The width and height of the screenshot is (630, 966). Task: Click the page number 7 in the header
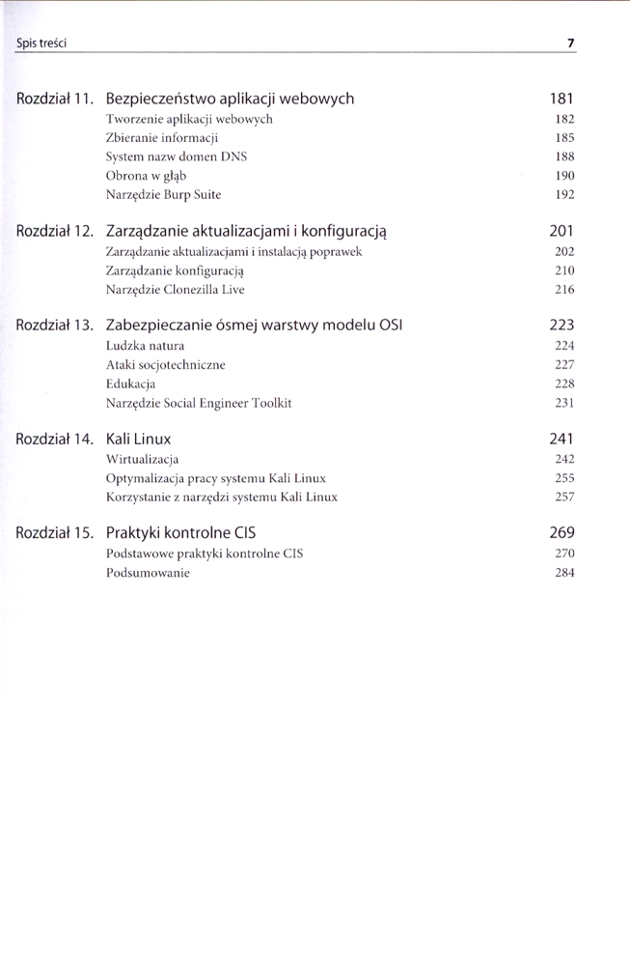tap(571, 43)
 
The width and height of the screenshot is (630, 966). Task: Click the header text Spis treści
tap(41, 43)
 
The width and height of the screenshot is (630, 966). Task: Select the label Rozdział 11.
tap(55, 99)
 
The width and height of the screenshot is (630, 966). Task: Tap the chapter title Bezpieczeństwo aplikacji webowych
tap(230, 99)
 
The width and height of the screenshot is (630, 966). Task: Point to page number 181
tap(562, 99)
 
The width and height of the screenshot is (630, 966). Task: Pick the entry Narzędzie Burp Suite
tap(163, 194)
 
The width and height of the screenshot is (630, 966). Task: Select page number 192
tap(564, 194)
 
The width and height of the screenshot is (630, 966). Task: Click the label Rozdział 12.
tap(55, 232)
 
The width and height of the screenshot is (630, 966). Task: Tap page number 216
tap(564, 289)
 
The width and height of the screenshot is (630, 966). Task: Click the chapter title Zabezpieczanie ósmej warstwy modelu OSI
tap(254, 326)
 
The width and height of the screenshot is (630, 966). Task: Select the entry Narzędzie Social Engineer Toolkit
tap(199, 402)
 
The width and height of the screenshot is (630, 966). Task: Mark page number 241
tap(562, 440)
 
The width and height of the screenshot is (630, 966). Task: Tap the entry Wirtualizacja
tap(142, 459)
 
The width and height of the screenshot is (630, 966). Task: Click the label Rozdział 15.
tap(55, 533)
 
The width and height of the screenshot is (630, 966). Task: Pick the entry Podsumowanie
tap(148, 572)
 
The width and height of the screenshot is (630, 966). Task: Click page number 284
tap(564, 572)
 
